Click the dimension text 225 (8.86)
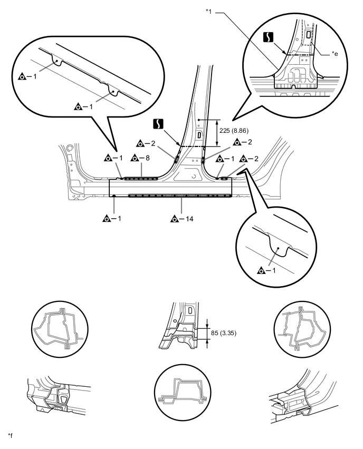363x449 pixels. pyautogui.click(x=234, y=131)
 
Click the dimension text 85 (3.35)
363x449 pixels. pyautogui.click(x=224, y=333)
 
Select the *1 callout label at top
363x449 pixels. pyautogui.click(x=208, y=12)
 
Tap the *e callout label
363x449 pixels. pyautogui.click(x=335, y=54)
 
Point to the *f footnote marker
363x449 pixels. pyautogui.click(x=10, y=436)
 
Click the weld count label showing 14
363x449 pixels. pyautogui.click(x=189, y=219)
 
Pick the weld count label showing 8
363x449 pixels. pyautogui.click(x=148, y=158)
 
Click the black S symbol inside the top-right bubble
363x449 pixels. pyautogui.click(x=268, y=37)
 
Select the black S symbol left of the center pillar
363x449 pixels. pyautogui.click(x=158, y=124)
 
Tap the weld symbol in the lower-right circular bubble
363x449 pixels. pyautogui.click(x=261, y=270)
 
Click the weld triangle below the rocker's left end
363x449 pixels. pyautogui.click(x=107, y=219)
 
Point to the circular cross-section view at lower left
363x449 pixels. pyautogui.click(x=60, y=329)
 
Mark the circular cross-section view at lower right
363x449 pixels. pyautogui.click(x=302, y=329)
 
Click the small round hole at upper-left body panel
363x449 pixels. pyautogui.click(x=69, y=149)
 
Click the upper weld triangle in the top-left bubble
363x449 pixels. pyautogui.click(x=22, y=77)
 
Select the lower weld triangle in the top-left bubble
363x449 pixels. pyautogui.click(x=78, y=107)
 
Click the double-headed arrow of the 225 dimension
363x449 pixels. pyautogui.click(x=217, y=133)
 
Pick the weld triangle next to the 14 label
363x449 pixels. pyautogui.click(x=174, y=219)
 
